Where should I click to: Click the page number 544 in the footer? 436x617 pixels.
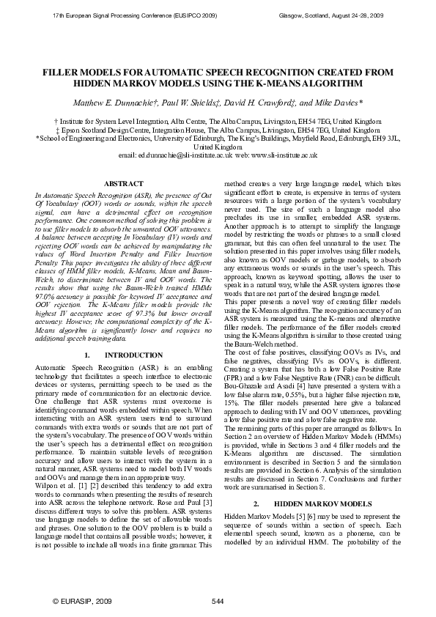click(x=217, y=602)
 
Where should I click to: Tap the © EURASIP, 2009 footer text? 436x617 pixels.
click(x=81, y=602)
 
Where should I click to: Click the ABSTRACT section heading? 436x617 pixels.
click(x=119, y=182)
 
